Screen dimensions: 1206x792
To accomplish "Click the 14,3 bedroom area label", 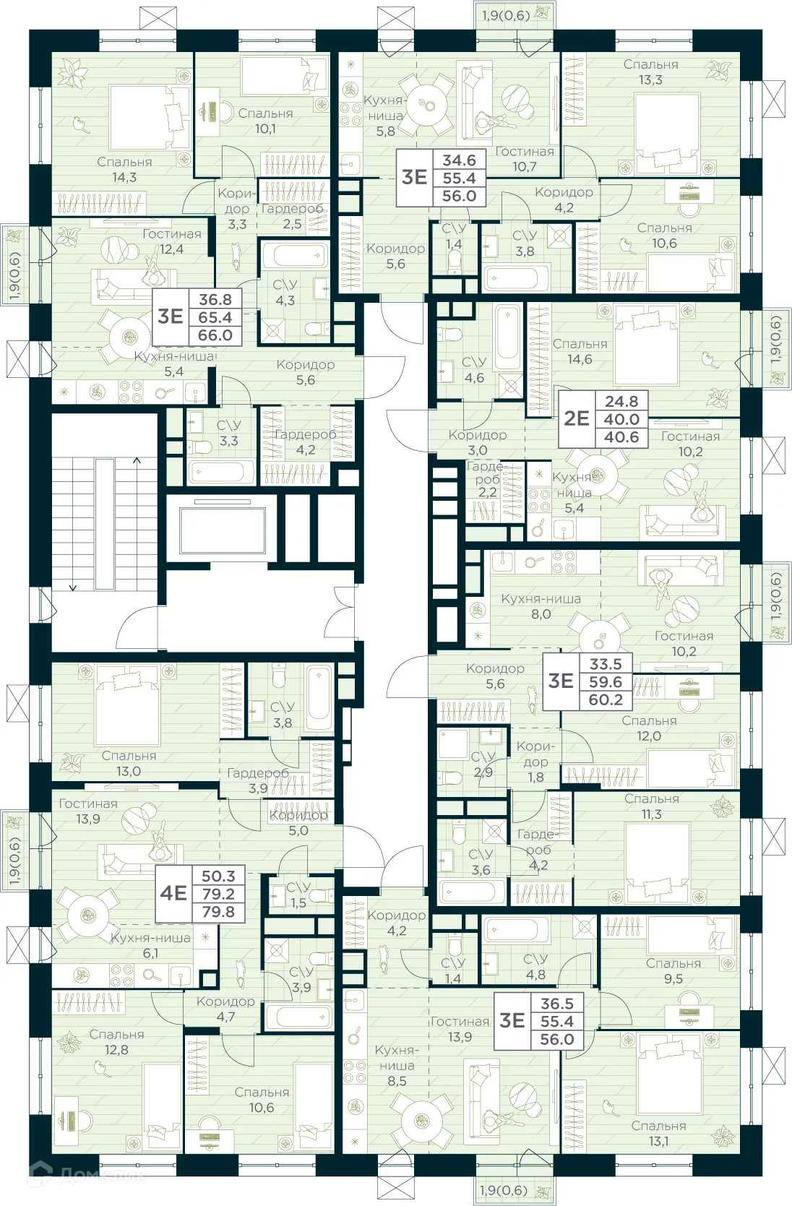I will point(124,177).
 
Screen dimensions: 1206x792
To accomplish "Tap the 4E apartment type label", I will point(173,893).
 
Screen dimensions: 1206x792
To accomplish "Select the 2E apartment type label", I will point(576,418).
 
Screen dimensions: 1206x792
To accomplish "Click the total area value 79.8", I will point(218,912).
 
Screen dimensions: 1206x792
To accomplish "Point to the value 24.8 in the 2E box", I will point(621,401).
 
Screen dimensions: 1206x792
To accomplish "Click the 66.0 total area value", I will point(215,335).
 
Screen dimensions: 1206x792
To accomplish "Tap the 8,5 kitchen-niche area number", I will point(397,1081).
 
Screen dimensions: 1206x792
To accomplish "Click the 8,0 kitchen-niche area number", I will point(541,614).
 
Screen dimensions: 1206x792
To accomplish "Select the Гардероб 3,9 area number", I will point(258,788).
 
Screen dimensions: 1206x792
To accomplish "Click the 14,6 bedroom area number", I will point(580,359).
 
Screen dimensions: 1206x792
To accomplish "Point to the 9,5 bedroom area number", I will point(673,978).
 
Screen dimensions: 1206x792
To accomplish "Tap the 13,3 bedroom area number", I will point(650,79).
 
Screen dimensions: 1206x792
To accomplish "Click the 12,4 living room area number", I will point(172,249).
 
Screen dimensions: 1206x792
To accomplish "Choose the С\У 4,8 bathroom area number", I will point(535,974).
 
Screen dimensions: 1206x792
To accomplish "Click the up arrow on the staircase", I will point(137,460).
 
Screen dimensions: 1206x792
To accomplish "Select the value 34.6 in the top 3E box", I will point(460,160).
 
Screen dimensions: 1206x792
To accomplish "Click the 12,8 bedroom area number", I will point(116,1049).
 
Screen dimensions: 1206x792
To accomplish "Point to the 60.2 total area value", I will point(606,699).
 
